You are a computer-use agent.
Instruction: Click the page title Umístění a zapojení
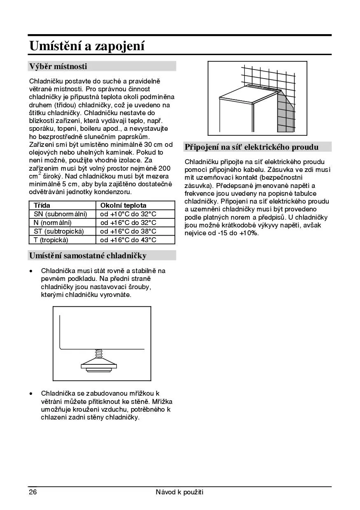pyautogui.click(x=87, y=46)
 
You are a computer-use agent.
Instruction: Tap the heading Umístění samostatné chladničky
pyautogui.click(x=88, y=255)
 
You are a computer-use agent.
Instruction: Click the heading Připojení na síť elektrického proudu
pyautogui.click(x=251, y=147)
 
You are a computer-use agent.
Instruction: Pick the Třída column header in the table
pyautogui.click(x=42, y=205)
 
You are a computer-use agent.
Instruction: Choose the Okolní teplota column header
pyautogui.click(x=123, y=205)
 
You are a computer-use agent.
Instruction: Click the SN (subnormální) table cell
pyautogui.click(x=60, y=214)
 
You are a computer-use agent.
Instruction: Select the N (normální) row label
pyautogui.click(x=52, y=223)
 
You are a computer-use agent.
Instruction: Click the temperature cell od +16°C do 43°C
pyautogui.click(x=128, y=240)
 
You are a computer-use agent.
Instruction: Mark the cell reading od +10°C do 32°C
pyautogui.click(x=128, y=214)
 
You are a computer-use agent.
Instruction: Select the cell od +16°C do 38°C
pyautogui.click(x=128, y=231)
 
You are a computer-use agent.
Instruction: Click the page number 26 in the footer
pyautogui.click(x=33, y=492)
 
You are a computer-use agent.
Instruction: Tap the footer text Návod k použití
pyautogui.click(x=180, y=492)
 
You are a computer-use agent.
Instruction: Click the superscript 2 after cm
pyautogui.click(x=40, y=174)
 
